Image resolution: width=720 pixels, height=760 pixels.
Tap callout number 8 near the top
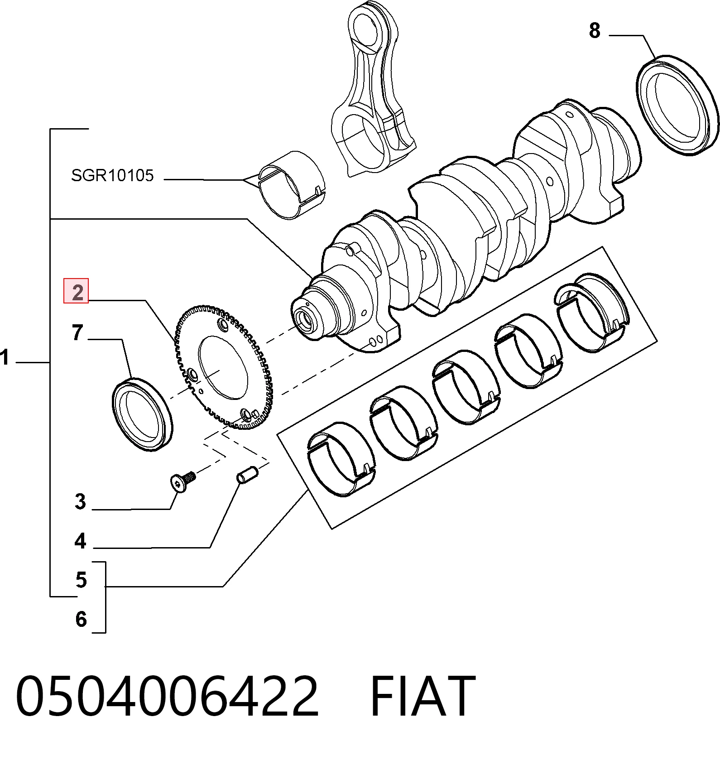click(x=595, y=31)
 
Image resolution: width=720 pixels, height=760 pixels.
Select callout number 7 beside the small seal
click(x=77, y=332)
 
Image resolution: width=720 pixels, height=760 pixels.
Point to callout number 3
click(x=80, y=501)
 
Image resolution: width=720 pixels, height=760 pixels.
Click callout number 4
click(x=80, y=540)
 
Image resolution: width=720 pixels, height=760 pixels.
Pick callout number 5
click(x=81, y=580)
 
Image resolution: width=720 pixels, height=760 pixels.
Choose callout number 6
click(x=81, y=619)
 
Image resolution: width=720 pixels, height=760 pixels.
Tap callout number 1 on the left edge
click(x=5, y=357)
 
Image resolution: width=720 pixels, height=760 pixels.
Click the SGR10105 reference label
click(x=113, y=175)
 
